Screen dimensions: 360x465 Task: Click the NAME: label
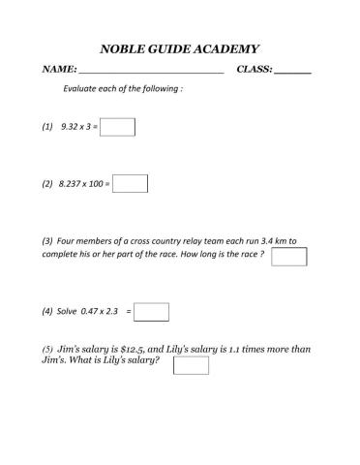pos(59,71)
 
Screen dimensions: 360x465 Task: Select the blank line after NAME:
pos(150,72)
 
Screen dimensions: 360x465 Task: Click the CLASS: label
pos(255,71)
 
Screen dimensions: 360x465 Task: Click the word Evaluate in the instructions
pos(81,89)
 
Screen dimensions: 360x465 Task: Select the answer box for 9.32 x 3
pos(117,128)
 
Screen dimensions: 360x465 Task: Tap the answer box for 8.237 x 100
pos(130,183)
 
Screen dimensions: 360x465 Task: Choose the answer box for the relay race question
pos(288,256)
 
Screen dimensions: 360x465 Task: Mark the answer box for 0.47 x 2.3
pos(152,312)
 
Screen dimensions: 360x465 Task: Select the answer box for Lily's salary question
pos(191,365)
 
